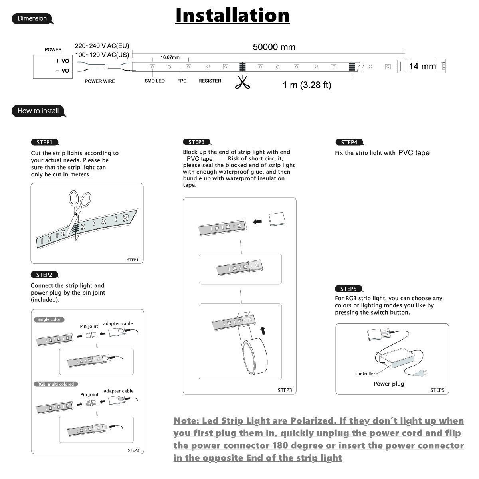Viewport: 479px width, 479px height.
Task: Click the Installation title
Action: pos(232,15)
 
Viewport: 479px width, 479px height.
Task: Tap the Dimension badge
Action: pos(32,18)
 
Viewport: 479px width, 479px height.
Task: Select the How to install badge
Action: pos(38,111)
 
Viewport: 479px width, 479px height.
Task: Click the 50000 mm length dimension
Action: pos(274,47)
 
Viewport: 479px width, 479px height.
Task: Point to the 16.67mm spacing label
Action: pos(170,57)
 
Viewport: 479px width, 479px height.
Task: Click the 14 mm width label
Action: pos(422,66)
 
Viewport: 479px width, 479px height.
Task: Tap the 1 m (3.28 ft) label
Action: pos(307,85)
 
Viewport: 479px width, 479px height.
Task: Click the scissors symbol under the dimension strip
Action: pos(241,83)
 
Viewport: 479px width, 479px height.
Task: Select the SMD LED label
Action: pos(154,81)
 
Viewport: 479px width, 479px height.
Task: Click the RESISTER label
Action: pos(210,81)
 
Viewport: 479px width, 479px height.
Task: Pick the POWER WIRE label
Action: pos(100,81)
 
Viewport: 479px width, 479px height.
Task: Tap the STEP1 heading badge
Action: pos(44,142)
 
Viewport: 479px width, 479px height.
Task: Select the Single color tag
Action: pos(49,319)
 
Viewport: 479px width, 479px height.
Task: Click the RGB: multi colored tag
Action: pos(55,384)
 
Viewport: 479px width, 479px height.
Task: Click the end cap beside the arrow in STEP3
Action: pos(277,220)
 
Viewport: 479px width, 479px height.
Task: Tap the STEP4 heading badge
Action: pos(349,142)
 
